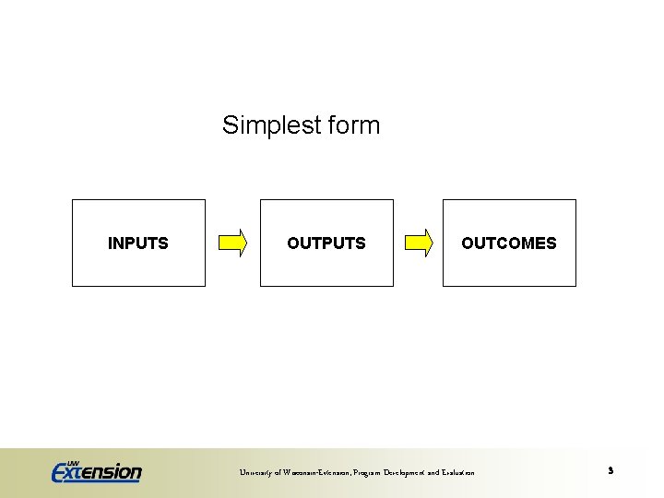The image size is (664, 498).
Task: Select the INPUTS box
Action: coord(138,243)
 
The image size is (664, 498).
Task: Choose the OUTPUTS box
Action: coord(326,243)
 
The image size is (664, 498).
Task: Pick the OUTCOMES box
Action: coord(509,243)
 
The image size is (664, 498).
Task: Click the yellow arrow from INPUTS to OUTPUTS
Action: coord(232,243)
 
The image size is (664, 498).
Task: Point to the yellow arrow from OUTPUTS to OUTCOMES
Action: coord(419,243)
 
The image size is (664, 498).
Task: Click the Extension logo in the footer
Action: coord(97,472)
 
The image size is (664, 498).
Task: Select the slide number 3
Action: coord(611,471)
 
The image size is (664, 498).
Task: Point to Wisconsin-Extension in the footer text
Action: coord(313,473)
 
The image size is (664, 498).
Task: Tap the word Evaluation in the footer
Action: coord(456,473)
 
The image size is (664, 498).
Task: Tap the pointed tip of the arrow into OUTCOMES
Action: coord(432,243)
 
